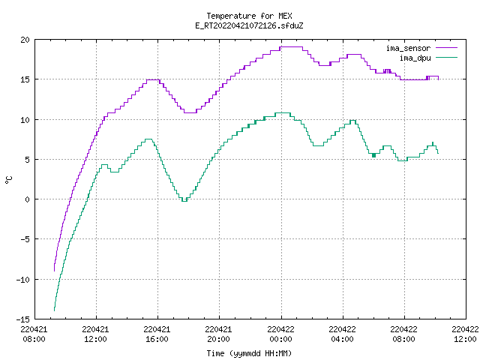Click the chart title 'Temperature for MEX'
(x=249, y=16)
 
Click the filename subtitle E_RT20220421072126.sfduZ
(x=249, y=25)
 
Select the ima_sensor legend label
(x=408, y=48)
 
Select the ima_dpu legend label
(x=415, y=58)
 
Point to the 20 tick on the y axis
(x=25, y=40)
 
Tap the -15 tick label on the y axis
(x=23, y=319)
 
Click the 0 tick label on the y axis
(x=28, y=199)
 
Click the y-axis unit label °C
(x=8, y=180)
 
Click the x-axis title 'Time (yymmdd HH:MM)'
(x=249, y=353)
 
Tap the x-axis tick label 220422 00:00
(x=280, y=334)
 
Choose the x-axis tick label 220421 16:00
(x=157, y=334)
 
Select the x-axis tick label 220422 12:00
(x=465, y=334)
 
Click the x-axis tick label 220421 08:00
(x=34, y=334)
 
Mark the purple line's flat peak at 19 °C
(x=291, y=46)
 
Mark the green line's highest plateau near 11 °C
(x=283, y=113)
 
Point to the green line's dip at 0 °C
(x=184, y=201)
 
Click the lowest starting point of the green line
(x=55, y=310)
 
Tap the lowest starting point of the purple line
(x=55, y=271)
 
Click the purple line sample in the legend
(x=447, y=48)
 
